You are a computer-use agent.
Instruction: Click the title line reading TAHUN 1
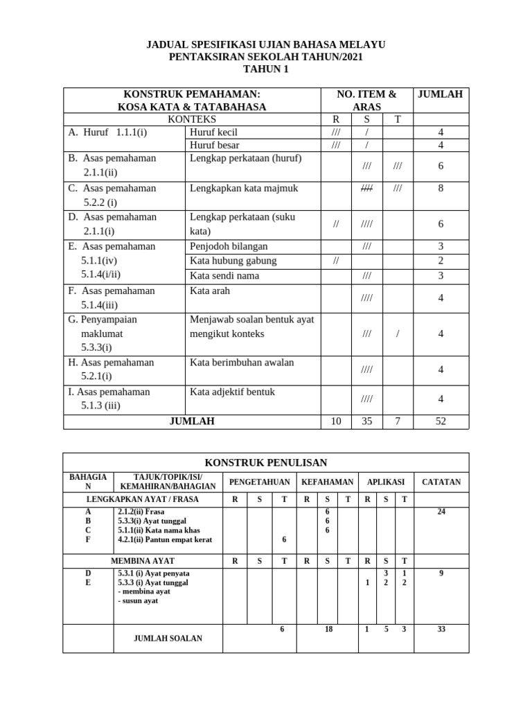click(x=266, y=69)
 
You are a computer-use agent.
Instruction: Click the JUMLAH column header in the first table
click(x=441, y=94)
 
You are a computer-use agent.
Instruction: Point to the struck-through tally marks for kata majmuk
click(x=367, y=188)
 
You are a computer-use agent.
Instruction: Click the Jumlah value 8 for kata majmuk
click(x=441, y=188)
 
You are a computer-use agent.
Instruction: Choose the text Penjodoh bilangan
click(x=229, y=246)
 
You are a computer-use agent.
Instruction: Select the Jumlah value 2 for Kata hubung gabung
click(x=441, y=261)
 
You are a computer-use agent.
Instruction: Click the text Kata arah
click(x=209, y=291)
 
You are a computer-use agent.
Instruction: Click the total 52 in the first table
click(x=441, y=421)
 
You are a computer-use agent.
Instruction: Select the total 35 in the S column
click(x=367, y=421)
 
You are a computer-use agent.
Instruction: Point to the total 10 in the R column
click(x=336, y=421)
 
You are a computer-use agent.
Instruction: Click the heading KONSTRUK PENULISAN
click(x=266, y=462)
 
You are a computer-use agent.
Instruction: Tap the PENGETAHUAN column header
click(x=260, y=482)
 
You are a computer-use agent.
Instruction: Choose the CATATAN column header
click(x=441, y=482)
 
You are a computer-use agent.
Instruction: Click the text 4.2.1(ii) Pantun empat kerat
click(x=165, y=539)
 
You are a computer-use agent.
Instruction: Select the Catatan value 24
click(x=441, y=512)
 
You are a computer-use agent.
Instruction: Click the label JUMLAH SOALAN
click(x=168, y=639)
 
